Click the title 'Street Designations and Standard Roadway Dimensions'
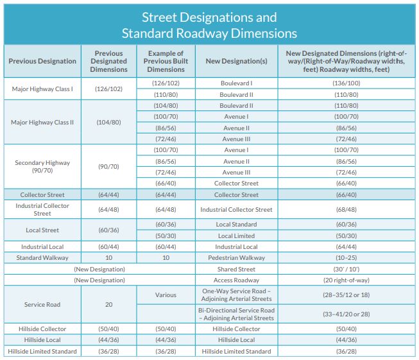(x=209, y=25)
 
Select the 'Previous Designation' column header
(x=42, y=61)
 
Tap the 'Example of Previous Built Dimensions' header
(x=165, y=61)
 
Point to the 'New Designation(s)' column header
(x=236, y=61)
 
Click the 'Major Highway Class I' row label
(x=42, y=89)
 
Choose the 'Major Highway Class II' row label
(x=42, y=122)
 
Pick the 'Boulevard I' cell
(x=236, y=83)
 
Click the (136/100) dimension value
(x=346, y=83)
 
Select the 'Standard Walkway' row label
(x=42, y=258)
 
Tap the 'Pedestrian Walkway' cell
(x=236, y=258)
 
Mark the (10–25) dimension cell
(x=346, y=258)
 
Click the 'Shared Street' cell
(x=236, y=270)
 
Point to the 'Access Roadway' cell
(x=236, y=280)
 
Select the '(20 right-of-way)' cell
(x=346, y=280)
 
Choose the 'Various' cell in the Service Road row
(x=165, y=295)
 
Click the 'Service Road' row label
(x=42, y=304)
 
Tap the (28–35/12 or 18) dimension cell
(x=346, y=295)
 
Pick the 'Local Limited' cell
(x=236, y=236)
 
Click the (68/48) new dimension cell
(x=346, y=209)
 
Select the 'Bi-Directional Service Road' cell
(x=236, y=314)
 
